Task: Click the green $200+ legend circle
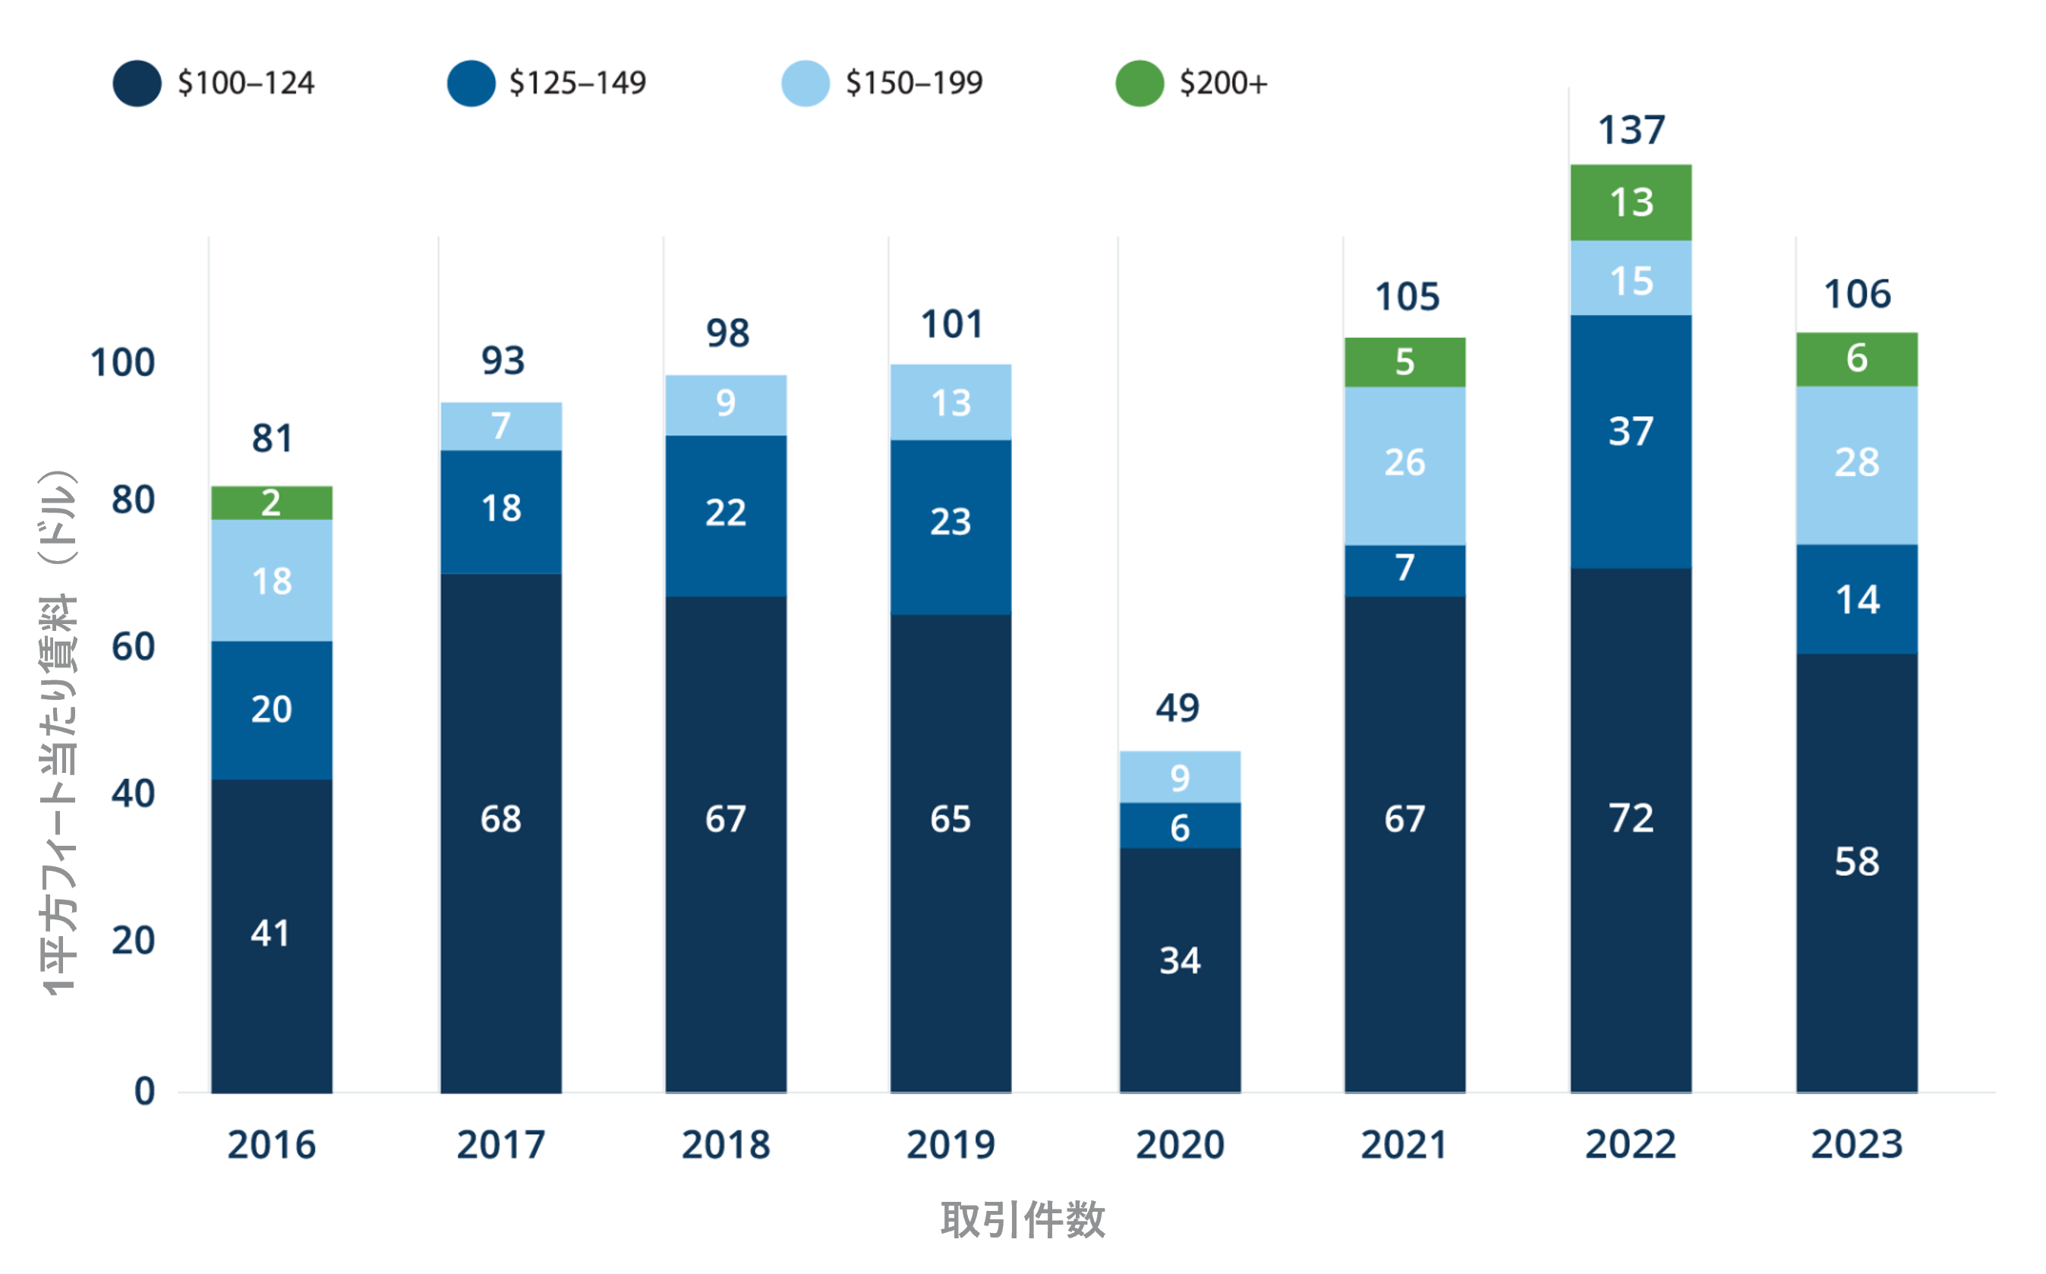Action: click(1139, 84)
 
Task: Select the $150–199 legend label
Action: click(914, 84)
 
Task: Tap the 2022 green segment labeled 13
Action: click(1631, 202)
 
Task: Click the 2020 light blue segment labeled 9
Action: click(1179, 777)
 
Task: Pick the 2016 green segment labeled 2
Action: click(271, 503)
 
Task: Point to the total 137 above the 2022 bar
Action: click(1631, 131)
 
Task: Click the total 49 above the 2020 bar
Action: click(1177, 708)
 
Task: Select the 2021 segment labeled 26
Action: click(1404, 463)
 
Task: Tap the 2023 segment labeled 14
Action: click(1856, 600)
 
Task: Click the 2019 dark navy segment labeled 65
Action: click(950, 819)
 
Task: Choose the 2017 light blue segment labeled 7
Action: click(500, 425)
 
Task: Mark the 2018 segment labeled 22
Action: click(725, 513)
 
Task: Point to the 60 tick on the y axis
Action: click(133, 647)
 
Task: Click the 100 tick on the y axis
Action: click(123, 363)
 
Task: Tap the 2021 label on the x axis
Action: click(1404, 1145)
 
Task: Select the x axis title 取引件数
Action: click(1022, 1220)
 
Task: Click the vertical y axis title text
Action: click(59, 733)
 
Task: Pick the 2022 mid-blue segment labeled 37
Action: click(1631, 431)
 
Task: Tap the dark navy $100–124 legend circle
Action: click(137, 84)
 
